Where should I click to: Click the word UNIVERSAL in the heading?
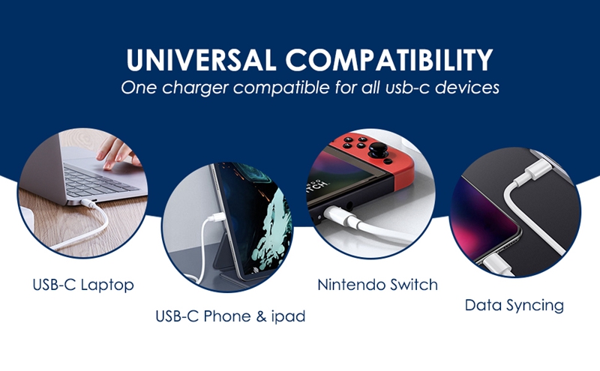pos(201,60)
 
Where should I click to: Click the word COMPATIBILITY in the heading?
pos(389,60)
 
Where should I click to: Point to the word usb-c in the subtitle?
pos(408,87)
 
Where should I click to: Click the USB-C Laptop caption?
pos(83,285)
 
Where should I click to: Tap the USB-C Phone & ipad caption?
pos(230,316)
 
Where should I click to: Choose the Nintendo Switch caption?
pos(377,285)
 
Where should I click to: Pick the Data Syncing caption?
pos(514,306)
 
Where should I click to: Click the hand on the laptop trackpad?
pos(118,154)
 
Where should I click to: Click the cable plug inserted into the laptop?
pos(88,203)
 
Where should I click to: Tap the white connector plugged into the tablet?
pos(216,218)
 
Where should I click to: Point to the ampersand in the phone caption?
pos(260,316)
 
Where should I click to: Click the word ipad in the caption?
pos(288,317)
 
